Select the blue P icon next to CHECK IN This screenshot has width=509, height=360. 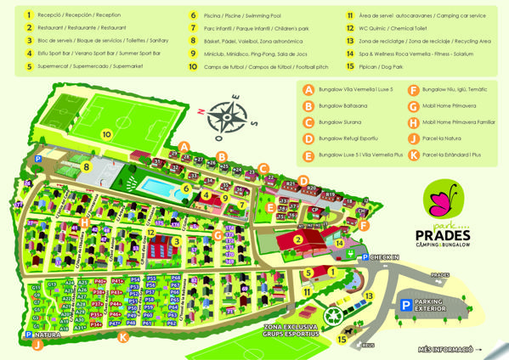(365, 257)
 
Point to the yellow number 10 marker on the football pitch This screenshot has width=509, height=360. (107, 134)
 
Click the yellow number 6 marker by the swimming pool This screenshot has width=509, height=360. (185, 188)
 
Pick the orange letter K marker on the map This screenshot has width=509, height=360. (123, 337)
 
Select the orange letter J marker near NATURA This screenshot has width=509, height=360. (36, 345)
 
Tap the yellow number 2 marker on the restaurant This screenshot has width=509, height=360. (298, 239)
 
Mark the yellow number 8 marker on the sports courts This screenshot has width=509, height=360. (87, 167)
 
